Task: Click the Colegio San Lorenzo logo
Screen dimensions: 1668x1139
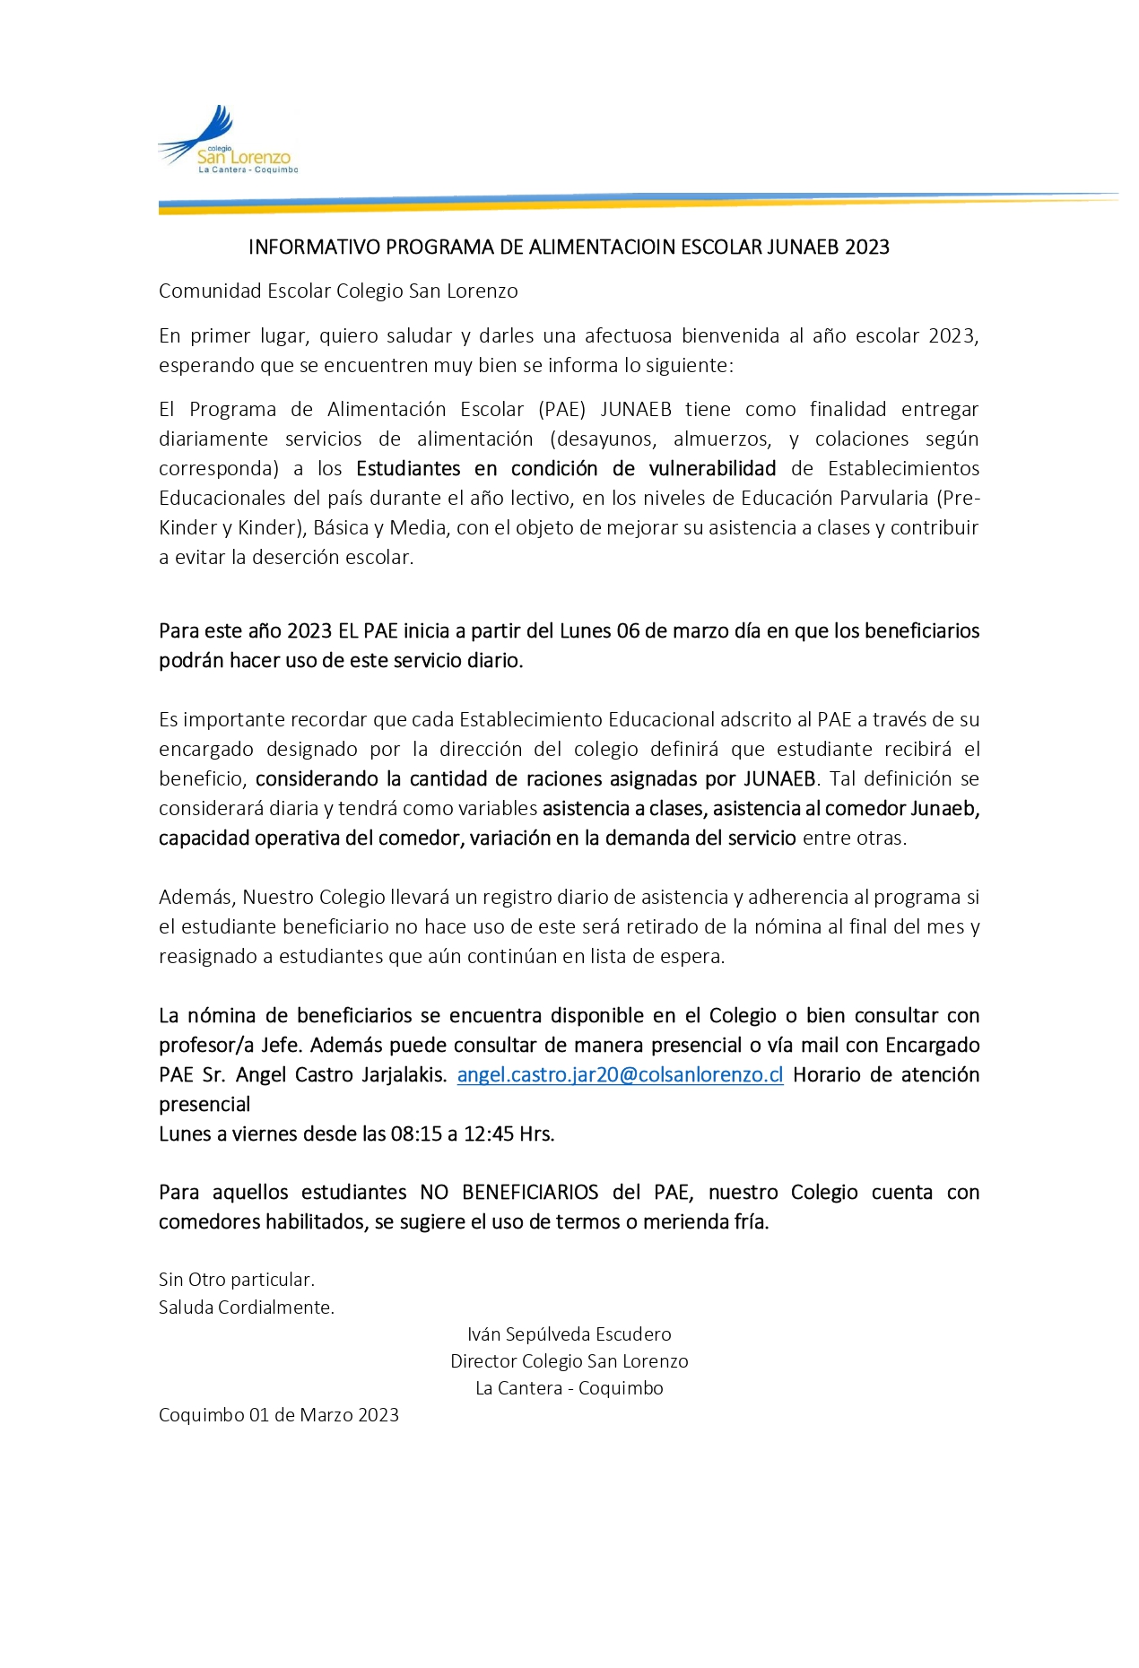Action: pyautogui.click(x=228, y=141)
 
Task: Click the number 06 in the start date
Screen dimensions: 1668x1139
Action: pyautogui.click(x=628, y=631)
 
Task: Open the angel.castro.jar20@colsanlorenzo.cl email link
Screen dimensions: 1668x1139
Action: pyautogui.click(x=620, y=1075)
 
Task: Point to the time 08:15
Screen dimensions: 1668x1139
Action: pyautogui.click(x=416, y=1134)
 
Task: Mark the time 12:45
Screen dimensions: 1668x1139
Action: pyautogui.click(x=489, y=1134)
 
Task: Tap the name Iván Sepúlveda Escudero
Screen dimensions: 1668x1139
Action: pyautogui.click(x=569, y=1334)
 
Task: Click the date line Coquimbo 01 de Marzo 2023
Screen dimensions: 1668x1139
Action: pyautogui.click(x=278, y=1415)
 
